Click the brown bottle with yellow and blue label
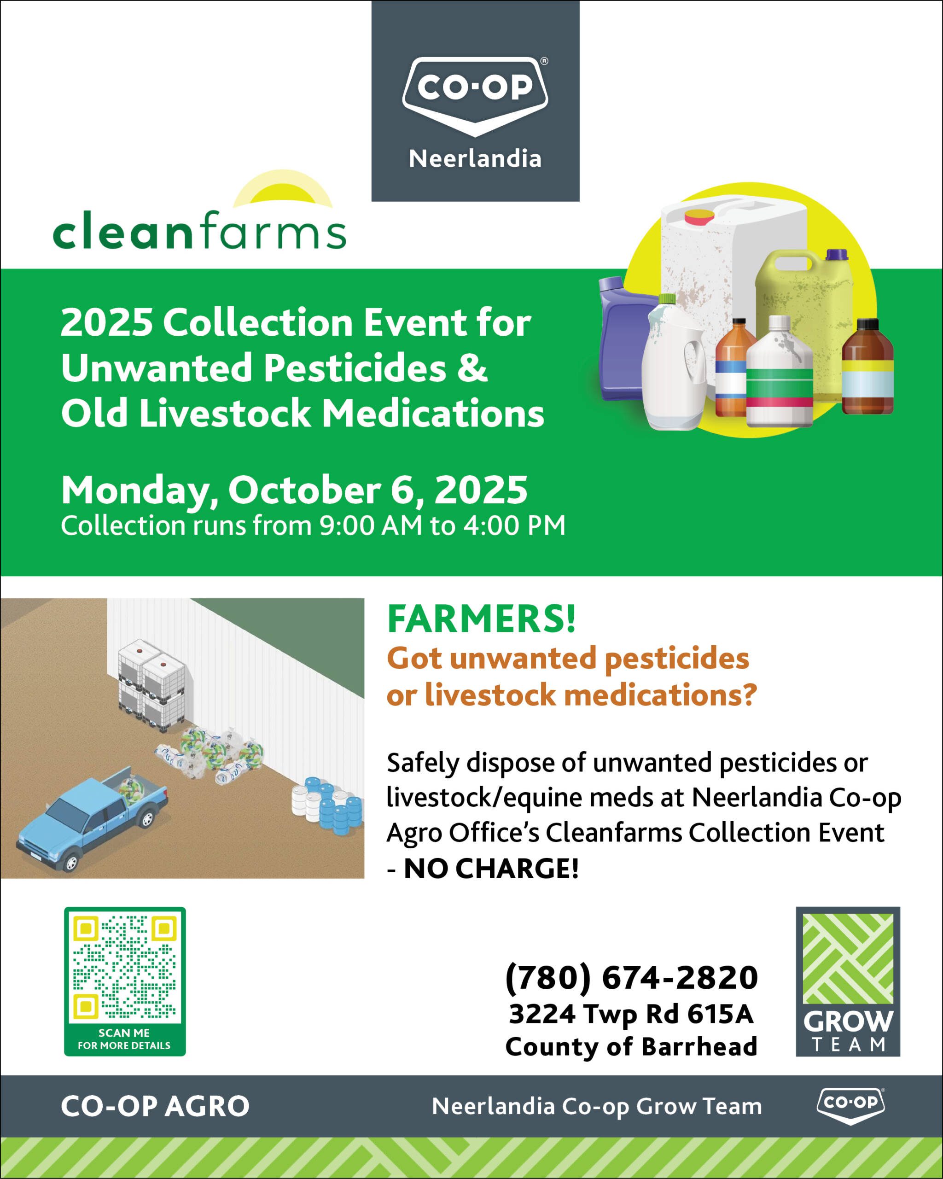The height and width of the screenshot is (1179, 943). pos(867,367)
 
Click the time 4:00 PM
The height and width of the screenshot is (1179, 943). pos(514,525)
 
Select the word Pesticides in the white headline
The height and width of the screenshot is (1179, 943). pos(355,368)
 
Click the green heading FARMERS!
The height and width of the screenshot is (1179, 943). pos(481,619)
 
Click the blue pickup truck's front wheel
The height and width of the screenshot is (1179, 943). pos(70,863)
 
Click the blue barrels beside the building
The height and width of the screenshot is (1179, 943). pos(333,806)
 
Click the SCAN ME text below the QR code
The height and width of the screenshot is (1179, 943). pos(124,1033)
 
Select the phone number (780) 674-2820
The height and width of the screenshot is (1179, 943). pos(631,978)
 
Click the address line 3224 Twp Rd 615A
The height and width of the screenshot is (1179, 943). pos(631,1014)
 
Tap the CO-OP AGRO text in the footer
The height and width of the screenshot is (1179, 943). pos(155,1106)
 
